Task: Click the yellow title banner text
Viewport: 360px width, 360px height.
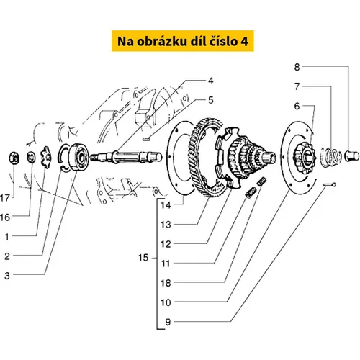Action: click(x=183, y=41)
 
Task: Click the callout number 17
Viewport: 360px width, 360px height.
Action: click(x=5, y=198)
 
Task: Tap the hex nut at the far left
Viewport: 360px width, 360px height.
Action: click(x=14, y=158)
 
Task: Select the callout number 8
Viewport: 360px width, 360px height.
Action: click(x=297, y=67)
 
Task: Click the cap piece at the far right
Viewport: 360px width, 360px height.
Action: click(x=352, y=156)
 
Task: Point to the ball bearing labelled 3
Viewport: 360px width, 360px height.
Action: click(x=78, y=157)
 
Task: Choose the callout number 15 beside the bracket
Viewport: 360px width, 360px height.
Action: click(x=143, y=258)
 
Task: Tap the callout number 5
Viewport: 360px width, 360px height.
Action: click(x=210, y=100)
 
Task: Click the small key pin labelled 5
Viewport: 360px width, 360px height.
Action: click(x=146, y=139)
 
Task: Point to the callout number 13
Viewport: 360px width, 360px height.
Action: click(x=166, y=225)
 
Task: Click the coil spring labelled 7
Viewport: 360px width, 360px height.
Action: click(x=331, y=157)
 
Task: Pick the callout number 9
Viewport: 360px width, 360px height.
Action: click(x=168, y=322)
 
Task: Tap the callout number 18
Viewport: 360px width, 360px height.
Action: click(x=166, y=283)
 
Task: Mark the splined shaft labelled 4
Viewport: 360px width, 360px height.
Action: click(x=126, y=157)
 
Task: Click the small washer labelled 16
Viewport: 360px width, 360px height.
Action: click(x=31, y=158)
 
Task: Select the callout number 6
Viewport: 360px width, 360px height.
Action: click(x=297, y=106)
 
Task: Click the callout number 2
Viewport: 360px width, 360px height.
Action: click(x=7, y=256)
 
